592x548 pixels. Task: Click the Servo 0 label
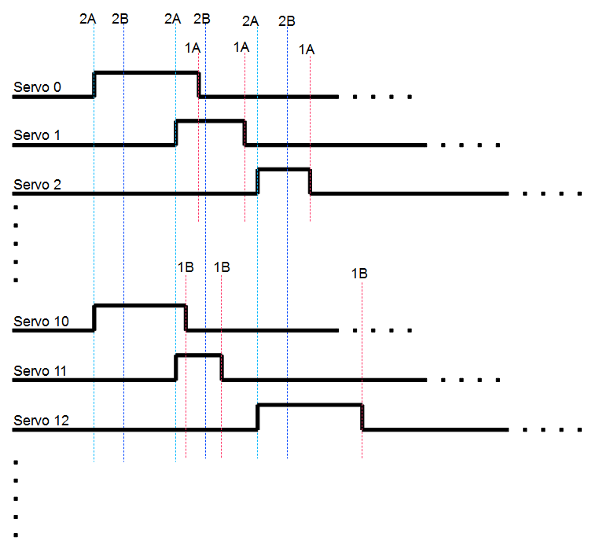[x=37, y=87]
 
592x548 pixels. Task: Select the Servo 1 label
[x=37, y=135]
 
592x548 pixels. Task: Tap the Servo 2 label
[x=37, y=185]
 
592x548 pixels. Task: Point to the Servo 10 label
[x=41, y=322]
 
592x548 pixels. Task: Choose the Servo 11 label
[x=40, y=371]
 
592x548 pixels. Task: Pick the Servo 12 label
[x=41, y=421]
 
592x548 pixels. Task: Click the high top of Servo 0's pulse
[x=146, y=72]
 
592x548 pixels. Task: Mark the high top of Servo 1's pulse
[x=210, y=121]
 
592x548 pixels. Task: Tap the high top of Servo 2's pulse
[x=284, y=170]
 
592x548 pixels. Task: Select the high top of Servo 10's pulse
[x=140, y=306]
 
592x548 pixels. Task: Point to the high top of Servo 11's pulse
[x=199, y=355]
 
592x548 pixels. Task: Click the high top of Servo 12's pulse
[x=310, y=405]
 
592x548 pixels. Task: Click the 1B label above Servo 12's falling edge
[x=359, y=274]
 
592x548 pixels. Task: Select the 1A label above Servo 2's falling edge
[x=307, y=50]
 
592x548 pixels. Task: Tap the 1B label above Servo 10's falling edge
[x=186, y=267]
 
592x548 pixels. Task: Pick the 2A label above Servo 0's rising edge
[x=87, y=19]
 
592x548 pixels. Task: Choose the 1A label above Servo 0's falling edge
[x=193, y=48]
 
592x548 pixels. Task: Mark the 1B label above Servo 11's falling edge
[x=222, y=267]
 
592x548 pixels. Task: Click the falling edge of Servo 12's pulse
[x=362, y=417]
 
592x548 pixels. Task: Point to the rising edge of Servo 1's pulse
[x=176, y=133]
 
